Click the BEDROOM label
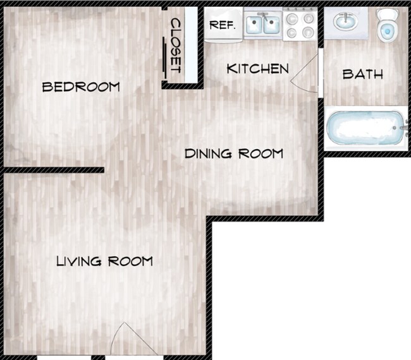80,87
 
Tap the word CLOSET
176,44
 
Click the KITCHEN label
257,68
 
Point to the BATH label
362,74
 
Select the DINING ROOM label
233,153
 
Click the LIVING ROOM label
104,261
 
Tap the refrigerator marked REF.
223,26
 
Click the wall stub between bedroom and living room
53,170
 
